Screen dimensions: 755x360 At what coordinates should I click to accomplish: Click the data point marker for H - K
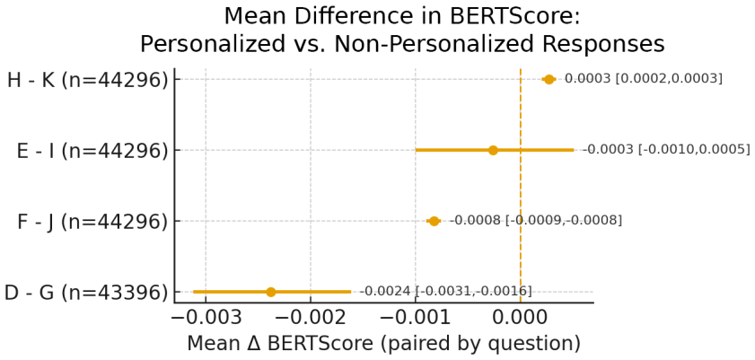[549, 79]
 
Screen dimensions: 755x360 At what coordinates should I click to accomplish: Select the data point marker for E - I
[493, 150]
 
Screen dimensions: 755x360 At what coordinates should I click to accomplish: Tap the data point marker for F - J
[434, 221]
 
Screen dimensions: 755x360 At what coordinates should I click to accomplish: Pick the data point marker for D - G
[270, 292]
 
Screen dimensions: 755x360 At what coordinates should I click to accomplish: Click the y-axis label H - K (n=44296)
[88, 81]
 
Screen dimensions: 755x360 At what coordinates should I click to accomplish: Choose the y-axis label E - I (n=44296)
[92, 151]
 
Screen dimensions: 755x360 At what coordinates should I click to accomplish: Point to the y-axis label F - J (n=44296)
[91, 222]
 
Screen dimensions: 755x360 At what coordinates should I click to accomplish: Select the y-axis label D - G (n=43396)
[87, 293]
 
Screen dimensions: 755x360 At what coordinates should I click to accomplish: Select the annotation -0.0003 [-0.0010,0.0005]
[666, 150]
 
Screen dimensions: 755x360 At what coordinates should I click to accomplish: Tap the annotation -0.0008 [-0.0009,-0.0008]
[535, 221]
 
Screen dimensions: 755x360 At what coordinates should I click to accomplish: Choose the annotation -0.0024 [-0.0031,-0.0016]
[445, 292]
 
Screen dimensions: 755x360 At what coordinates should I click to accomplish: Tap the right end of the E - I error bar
[574, 150]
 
